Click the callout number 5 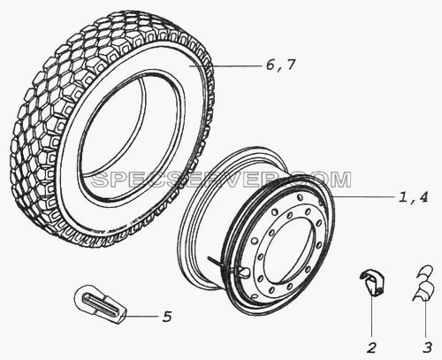(167, 317)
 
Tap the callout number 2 (372, 348)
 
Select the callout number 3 (427, 348)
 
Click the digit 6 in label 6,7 (271, 65)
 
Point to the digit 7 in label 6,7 (290, 65)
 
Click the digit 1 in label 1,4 (403, 196)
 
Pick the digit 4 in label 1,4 (423, 196)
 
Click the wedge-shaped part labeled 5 (99, 303)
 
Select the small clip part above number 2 (372, 281)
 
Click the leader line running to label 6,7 (225, 67)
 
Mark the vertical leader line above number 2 (371, 316)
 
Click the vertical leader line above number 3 (425, 319)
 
